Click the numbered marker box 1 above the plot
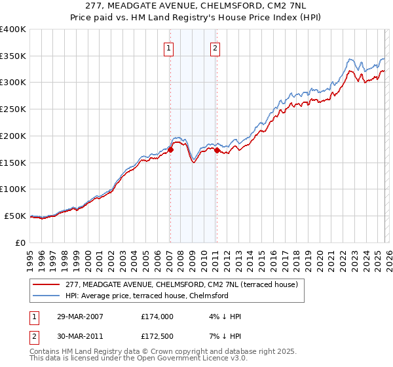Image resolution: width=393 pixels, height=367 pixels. click(169, 47)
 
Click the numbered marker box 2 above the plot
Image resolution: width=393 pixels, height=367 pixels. click(215, 47)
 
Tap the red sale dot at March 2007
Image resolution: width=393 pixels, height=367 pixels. click(170, 149)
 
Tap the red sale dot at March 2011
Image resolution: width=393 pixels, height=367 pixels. click(217, 150)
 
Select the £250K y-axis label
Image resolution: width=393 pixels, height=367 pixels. click(12, 109)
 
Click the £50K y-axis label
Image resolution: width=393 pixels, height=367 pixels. click(15, 216)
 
